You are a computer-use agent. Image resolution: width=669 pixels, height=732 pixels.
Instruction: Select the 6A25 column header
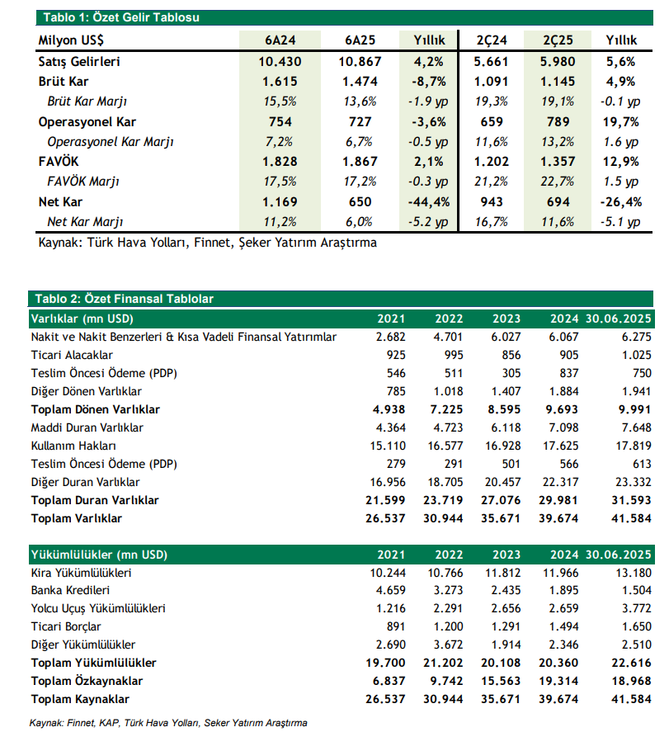pyautogui.click(x=360, y=40)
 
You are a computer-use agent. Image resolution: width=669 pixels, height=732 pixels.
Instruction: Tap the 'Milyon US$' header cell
pyautogui.click(x=77, y=40)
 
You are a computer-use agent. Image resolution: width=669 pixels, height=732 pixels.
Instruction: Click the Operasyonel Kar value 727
pyautogui.click(x=360, y=122)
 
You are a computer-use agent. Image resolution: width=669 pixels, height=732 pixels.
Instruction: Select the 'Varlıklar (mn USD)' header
pyautogui.click(x=82, y=319)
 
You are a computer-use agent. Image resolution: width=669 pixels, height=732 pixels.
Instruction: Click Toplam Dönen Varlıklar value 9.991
pyautogui.click(x=631, y=409)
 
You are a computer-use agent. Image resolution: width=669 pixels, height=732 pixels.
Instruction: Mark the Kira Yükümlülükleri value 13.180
pyautogui.click(x=631, y=573)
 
